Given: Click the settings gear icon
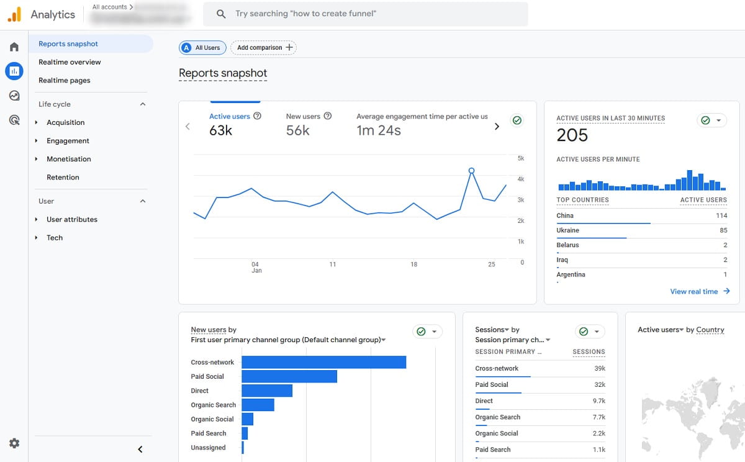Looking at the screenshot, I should (x=14, y=443).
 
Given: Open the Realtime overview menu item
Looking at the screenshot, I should (x=70, y=62).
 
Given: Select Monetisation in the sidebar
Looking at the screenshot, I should (x=68, y=159).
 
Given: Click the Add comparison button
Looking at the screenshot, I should (x=263, y=48).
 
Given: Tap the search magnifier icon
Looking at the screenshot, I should (x=221, y=14).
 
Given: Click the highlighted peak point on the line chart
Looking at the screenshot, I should (x=471, y=170).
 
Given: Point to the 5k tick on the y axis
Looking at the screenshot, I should (x=520, y=158).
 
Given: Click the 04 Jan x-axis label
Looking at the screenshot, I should (x=256, y=267).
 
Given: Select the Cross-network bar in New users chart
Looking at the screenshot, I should (x=323, y=362).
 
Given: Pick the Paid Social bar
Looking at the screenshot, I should (x=289, y=376).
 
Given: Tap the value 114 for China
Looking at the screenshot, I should (x=721, y=215).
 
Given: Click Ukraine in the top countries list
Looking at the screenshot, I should (x=568, y=230).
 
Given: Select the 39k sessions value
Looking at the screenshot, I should (x=599, y=368).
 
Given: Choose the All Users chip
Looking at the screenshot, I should (x=202, y=48).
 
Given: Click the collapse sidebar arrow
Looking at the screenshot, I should (x=140, y=449).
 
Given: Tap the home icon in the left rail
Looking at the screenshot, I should (x=14, y=47).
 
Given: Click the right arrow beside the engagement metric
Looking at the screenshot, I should (x=496, y=127).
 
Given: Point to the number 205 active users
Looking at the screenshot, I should (x=572, y=135).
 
